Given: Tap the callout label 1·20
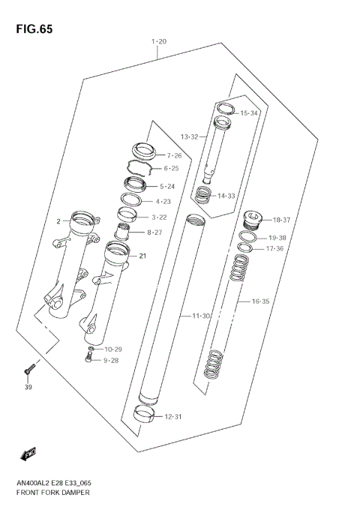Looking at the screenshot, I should [158, 41].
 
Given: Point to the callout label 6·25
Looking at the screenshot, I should [171, 169].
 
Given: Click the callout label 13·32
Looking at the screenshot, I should [189, 137].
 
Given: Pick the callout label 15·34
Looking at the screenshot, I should [249, 113].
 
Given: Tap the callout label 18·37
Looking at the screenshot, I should [282, 220].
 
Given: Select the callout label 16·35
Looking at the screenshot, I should [260, 301].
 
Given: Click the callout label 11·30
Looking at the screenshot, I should [201, 316].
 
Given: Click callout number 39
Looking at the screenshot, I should [28, 388].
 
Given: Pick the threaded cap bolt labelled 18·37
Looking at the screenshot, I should [253, 220].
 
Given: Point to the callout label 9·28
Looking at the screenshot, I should [112, 361].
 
